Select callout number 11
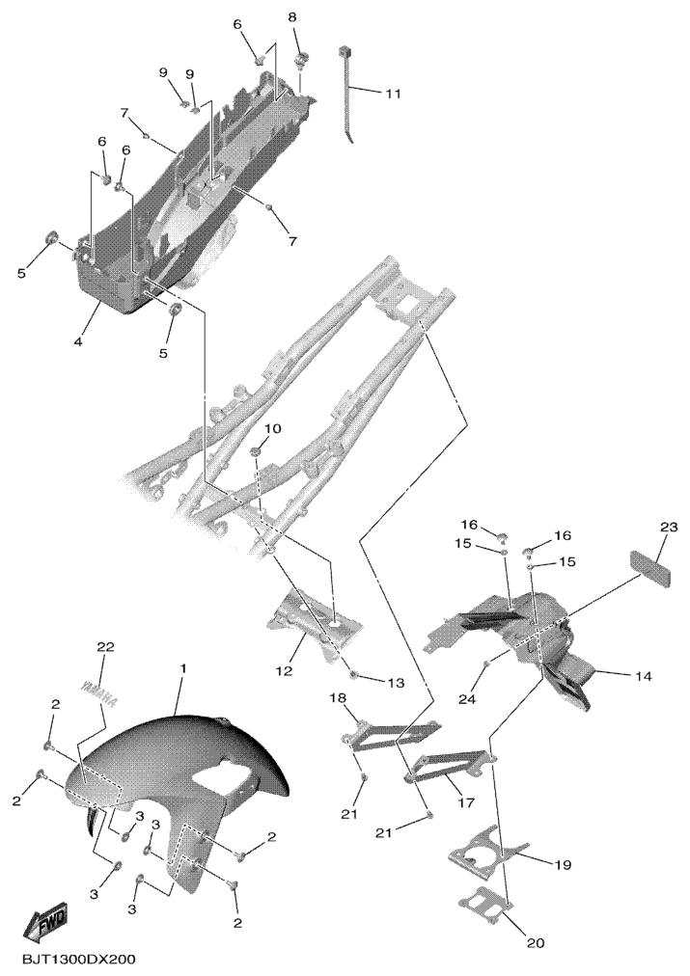[x=393, y=94]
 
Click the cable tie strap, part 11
[x=346, y=93]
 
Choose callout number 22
[x=106, y=647]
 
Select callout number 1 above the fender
[x=183, y=668]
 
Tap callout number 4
[x=79, y=341]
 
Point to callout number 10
[x=273, y=429]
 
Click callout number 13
[x=396, y=684]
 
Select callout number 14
[x=644, y=676]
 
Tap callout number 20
[x=536, y=943]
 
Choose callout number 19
[x=563, y=865]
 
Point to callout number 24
[x=467, y=699]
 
